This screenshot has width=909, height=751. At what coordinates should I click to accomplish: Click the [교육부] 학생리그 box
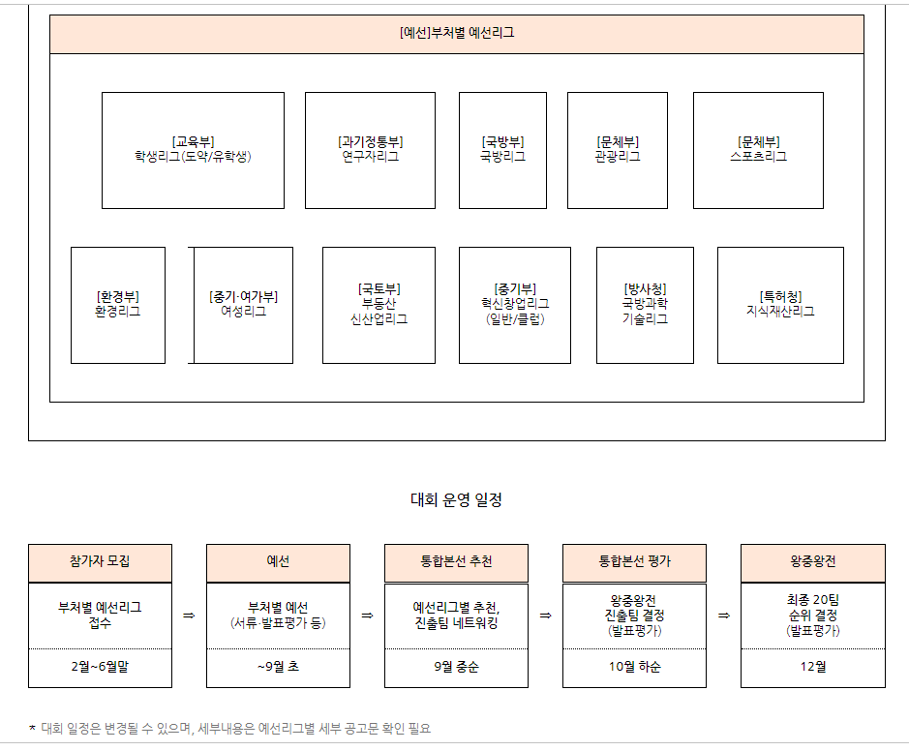tap(193, 150)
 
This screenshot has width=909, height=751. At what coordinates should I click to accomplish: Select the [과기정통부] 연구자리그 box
tap(370, 150)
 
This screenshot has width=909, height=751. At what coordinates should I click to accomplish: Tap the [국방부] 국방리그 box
tap(502, 150)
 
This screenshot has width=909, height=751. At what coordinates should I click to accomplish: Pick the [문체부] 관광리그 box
tap(617, 150)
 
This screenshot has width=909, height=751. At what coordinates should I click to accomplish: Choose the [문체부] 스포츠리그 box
tap(758, 150)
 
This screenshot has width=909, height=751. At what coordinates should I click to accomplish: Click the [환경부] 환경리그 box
tap(117, 305)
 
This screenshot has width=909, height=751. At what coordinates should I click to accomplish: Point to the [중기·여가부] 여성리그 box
tap(243, 305)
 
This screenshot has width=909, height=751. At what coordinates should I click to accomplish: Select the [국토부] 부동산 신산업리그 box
tap(379, 305)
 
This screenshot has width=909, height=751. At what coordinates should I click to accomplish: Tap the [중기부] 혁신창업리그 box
tap(514, 305)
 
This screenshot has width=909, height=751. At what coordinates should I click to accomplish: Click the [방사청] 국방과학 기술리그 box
tap(645, 305)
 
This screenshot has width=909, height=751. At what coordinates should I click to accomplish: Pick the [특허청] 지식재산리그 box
tap(780, 305)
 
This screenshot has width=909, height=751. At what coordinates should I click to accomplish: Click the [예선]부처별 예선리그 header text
tap(456, 33)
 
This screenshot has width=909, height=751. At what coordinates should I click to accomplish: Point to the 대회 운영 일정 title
tap(456, 500)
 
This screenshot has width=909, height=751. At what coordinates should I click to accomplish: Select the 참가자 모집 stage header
tap(100, 562)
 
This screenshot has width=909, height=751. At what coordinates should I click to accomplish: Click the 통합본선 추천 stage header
tap(456, 562)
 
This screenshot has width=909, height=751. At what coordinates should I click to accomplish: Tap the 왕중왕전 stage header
tap(812, 562)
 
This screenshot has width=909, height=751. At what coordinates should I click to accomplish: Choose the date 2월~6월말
tap(100, 667)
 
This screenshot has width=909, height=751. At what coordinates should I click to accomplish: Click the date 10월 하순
tap(634, 667)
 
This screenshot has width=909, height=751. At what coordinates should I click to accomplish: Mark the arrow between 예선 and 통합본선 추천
tap(368, 616)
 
